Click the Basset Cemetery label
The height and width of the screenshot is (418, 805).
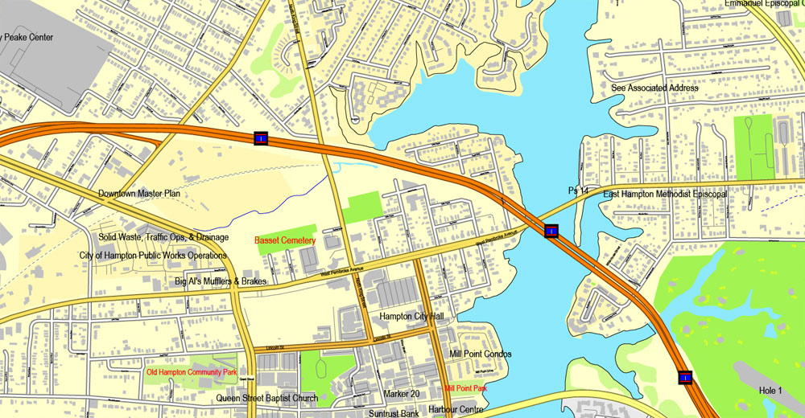pos(285,240)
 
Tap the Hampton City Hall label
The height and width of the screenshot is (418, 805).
pos(412,317)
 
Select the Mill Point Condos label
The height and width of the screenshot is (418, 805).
pos(481,354)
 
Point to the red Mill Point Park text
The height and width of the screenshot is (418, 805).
pos(466,389)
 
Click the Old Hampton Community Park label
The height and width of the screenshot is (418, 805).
pos(192,373)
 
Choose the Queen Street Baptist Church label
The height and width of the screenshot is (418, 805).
pos(266,398)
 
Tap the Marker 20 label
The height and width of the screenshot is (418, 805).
pos(402,394)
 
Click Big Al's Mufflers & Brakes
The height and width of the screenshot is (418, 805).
pos(220,282)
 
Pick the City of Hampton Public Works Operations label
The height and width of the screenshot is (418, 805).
pos(153,256)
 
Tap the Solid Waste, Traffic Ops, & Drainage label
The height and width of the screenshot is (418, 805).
pos(163,237)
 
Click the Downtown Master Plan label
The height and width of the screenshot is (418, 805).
pos(139,194)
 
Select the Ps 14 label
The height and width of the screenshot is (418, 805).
pos(579,191)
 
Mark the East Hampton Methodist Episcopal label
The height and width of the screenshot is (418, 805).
pos(665,194)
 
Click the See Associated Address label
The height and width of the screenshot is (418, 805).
pos(654,88)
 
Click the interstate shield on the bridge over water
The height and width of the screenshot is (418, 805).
pos(551,232)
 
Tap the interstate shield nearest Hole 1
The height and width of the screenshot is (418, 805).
pos(685,376)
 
